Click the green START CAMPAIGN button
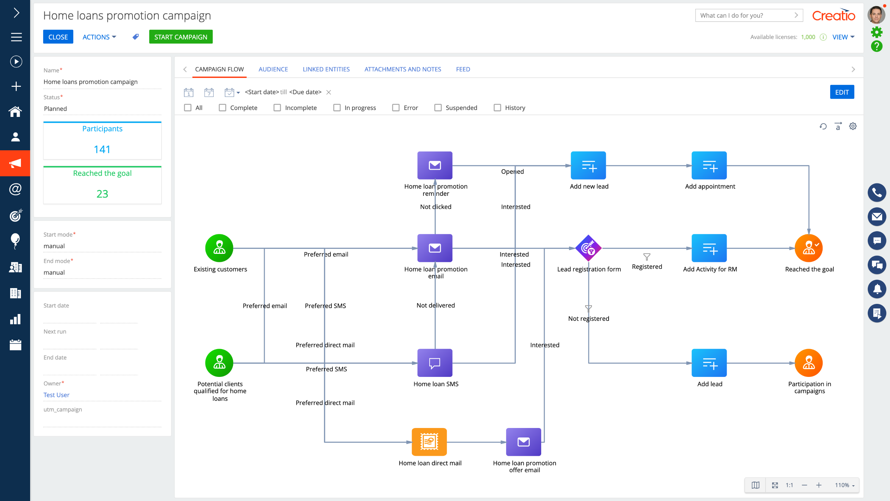point(181,37)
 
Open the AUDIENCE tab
point(273,69)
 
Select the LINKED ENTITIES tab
point(326,69)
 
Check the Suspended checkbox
point(438,107)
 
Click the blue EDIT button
point(842,92)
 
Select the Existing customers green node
point(219,248)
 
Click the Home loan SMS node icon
point(435,363)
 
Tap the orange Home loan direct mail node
point(429,441)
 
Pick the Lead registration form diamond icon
point(588,248)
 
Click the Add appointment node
point(709,165)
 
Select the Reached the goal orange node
point(809,248)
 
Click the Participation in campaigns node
point(809,363)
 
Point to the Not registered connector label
point(588,318)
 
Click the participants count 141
point(102,149)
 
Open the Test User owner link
point(56,395)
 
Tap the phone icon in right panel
point(877,193)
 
